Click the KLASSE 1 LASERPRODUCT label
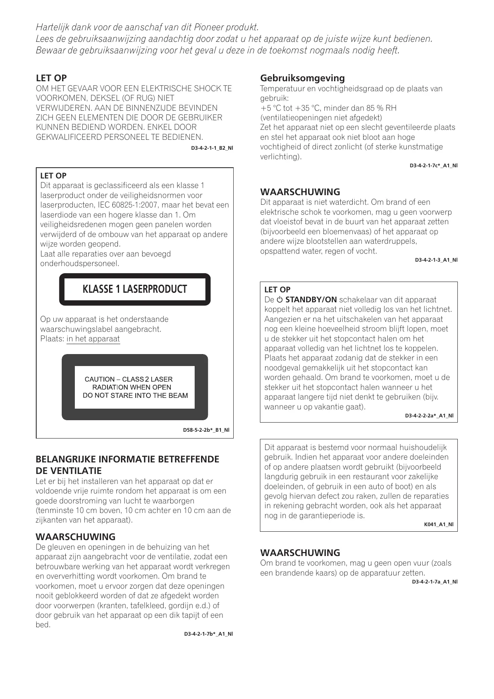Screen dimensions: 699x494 [135, 289]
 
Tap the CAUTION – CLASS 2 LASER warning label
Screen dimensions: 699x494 [135, 387]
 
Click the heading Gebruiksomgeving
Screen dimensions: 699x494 [303, 78]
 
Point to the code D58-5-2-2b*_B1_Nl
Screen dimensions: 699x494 [206, 430]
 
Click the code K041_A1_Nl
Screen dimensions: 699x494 [438, 525]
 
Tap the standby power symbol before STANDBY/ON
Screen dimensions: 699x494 [279, 300]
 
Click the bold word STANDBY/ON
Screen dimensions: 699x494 [311, 300]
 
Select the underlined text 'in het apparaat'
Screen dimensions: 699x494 [93, 339]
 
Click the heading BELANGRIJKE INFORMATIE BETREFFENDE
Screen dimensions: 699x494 [127, 459]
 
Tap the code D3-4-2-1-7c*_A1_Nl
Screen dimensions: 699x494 [433, 166]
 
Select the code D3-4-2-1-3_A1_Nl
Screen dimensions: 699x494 [436, 260]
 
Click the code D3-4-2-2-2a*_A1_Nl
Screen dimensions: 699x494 [429, 416]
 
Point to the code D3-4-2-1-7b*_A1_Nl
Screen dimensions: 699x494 [208, 634]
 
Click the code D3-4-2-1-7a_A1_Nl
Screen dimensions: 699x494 [434, 582]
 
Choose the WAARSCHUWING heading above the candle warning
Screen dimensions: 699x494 [300, 553]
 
